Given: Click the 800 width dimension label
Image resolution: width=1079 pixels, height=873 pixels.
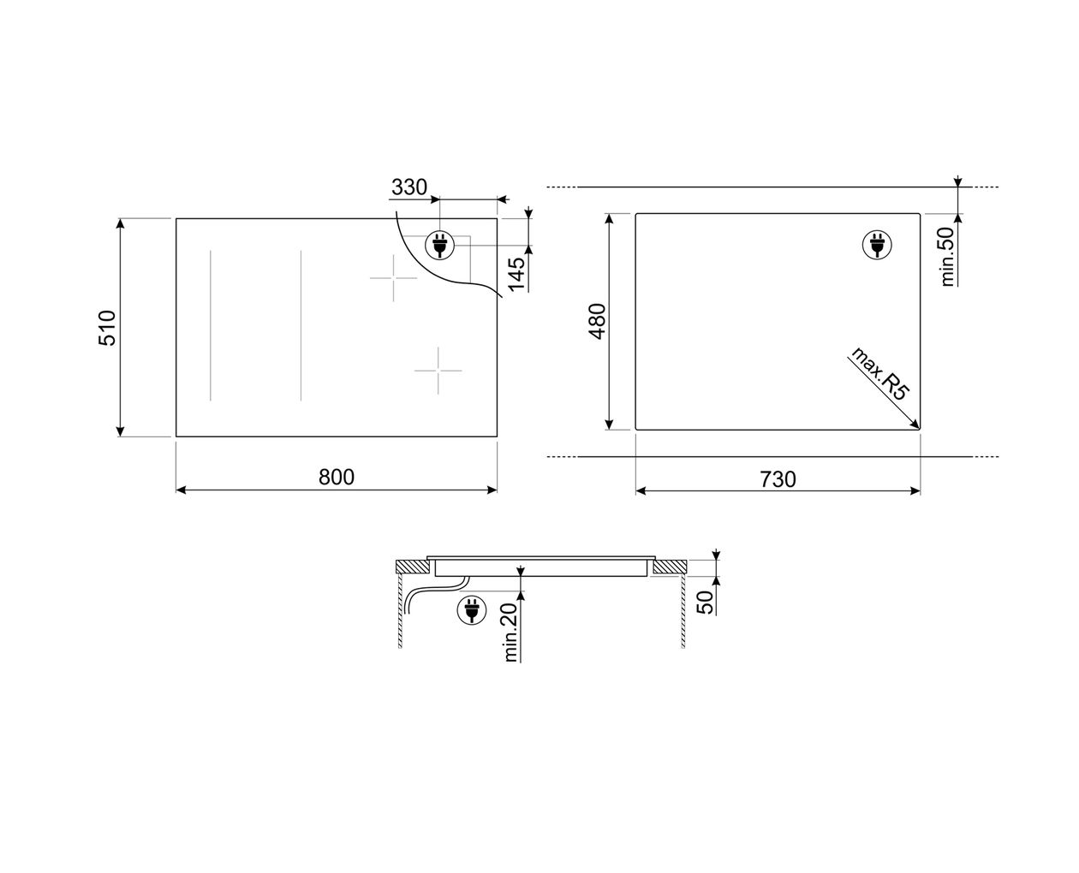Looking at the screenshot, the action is pos(337,477).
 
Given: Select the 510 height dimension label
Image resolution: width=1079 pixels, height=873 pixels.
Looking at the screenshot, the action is pos(107,328).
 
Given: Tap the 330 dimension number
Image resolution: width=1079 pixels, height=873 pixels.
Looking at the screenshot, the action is pos(409,187).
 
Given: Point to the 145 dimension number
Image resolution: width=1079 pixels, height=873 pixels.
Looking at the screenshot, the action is pos(516,275).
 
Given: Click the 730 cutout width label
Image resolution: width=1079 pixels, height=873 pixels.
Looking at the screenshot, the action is pos(778,479).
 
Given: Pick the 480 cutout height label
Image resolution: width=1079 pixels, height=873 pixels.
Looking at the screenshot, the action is pos(597,322).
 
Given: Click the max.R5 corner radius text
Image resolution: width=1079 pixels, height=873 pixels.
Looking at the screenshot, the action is pos(879,374).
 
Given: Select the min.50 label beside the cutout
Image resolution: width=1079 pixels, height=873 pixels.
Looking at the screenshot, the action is pos(946,257).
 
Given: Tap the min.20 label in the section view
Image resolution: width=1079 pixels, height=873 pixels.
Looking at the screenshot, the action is pos(511,632).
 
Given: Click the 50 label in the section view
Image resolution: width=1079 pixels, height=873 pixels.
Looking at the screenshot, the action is pos(705,603).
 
